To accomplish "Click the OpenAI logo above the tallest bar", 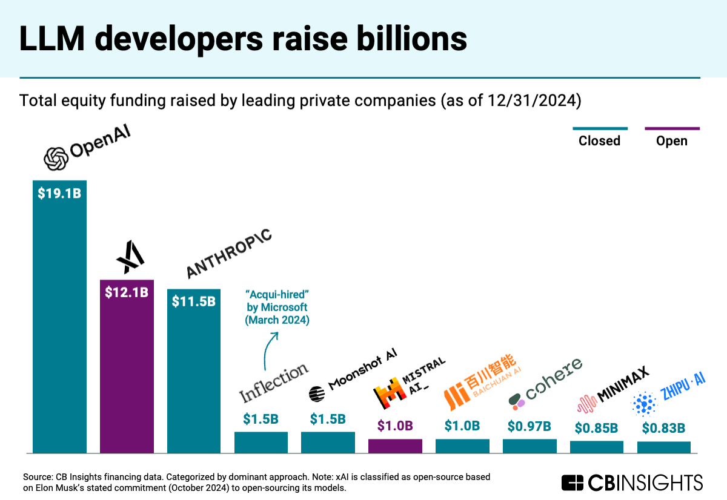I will point(87,148).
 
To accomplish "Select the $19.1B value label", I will point(59,195).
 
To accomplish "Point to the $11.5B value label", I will point(194,301).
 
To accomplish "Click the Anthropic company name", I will point(228,254).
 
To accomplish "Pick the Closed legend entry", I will point(599,140).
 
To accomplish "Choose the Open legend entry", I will point(672,140).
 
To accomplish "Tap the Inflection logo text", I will point(274,383).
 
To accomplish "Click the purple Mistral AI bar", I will point(395,446).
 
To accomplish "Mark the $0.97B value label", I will point(529,426).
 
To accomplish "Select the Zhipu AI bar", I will point(663,447).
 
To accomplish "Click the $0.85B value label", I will point(596,428).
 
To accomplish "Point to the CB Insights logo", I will point(632,482).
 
